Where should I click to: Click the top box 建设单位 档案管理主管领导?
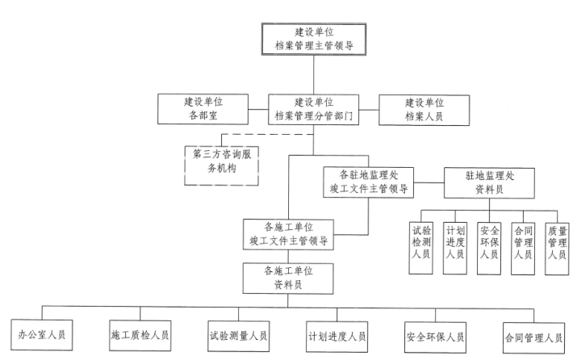314,38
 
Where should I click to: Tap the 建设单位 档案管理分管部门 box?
314,110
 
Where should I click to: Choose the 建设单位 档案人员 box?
424,110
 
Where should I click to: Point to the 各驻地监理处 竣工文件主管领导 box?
368,182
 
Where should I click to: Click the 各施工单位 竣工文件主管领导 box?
287,233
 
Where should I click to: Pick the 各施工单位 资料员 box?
288,278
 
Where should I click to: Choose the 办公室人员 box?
42,334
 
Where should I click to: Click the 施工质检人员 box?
139,334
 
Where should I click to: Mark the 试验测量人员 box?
238,334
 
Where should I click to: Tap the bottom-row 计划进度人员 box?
337,334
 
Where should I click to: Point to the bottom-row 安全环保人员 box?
436,334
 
